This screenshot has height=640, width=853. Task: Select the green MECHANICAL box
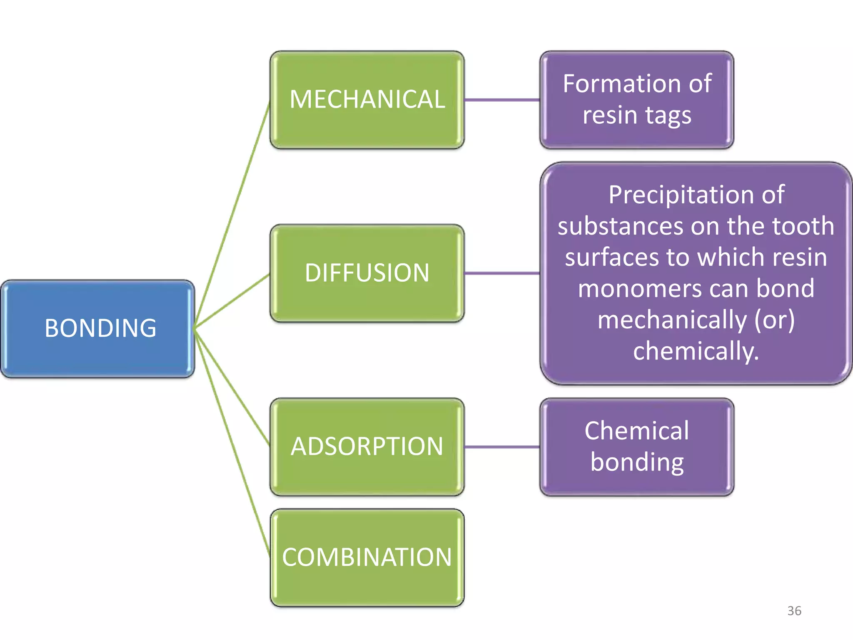click(x=367, y=100)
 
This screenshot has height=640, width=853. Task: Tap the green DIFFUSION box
click(x=367, y=273)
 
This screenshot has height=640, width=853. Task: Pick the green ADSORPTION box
click(x=367, y=447)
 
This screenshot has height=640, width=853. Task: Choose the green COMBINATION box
click(x=367, y=557)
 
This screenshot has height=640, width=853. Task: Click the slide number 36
click(x=794, y=611)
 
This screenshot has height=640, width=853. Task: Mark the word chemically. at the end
click(x=696, y=351)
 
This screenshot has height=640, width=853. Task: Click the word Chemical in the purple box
click(x=636, y=431)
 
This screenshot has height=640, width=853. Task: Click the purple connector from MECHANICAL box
click(x=502, y=100)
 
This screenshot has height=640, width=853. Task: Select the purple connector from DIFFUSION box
click(x=502, y=274)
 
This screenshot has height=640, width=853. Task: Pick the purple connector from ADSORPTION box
click(x=502, y=447)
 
